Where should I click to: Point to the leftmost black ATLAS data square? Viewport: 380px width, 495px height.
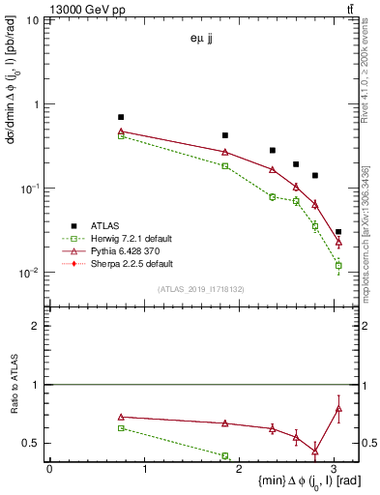(121, 117)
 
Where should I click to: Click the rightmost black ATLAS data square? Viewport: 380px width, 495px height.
(338, 232)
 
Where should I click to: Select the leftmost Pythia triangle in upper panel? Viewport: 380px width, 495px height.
(121, 131)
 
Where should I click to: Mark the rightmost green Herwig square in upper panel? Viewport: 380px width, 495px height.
(338, 265)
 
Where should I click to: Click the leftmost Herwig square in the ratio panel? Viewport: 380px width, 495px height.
(121, 427)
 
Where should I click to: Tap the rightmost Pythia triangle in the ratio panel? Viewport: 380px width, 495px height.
(338, 408)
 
